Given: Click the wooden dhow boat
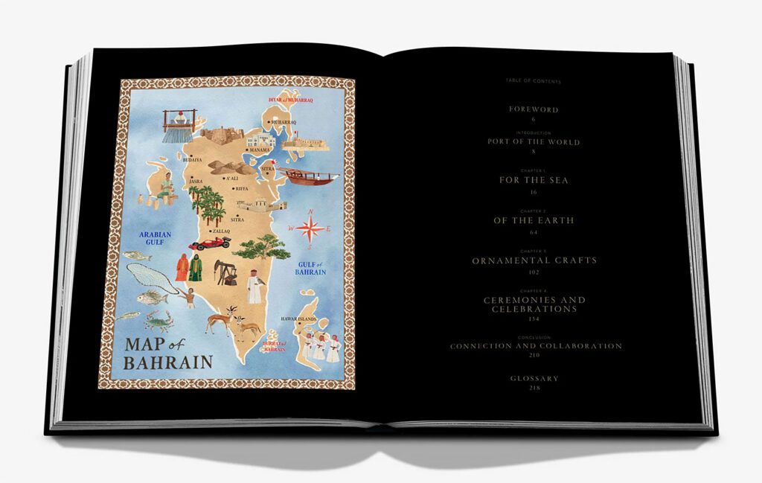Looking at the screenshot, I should click(x=308, y=177).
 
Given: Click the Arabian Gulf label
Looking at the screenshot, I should click(x=155, y=239).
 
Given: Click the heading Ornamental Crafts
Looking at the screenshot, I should click(x=534, y=260).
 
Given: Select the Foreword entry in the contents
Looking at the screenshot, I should click(x=534, y=109).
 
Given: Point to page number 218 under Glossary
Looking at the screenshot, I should click(x=534, y=388).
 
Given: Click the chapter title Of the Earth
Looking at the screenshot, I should click(x=534, y=220).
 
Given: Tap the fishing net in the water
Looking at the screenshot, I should click(x=149, y=277).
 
